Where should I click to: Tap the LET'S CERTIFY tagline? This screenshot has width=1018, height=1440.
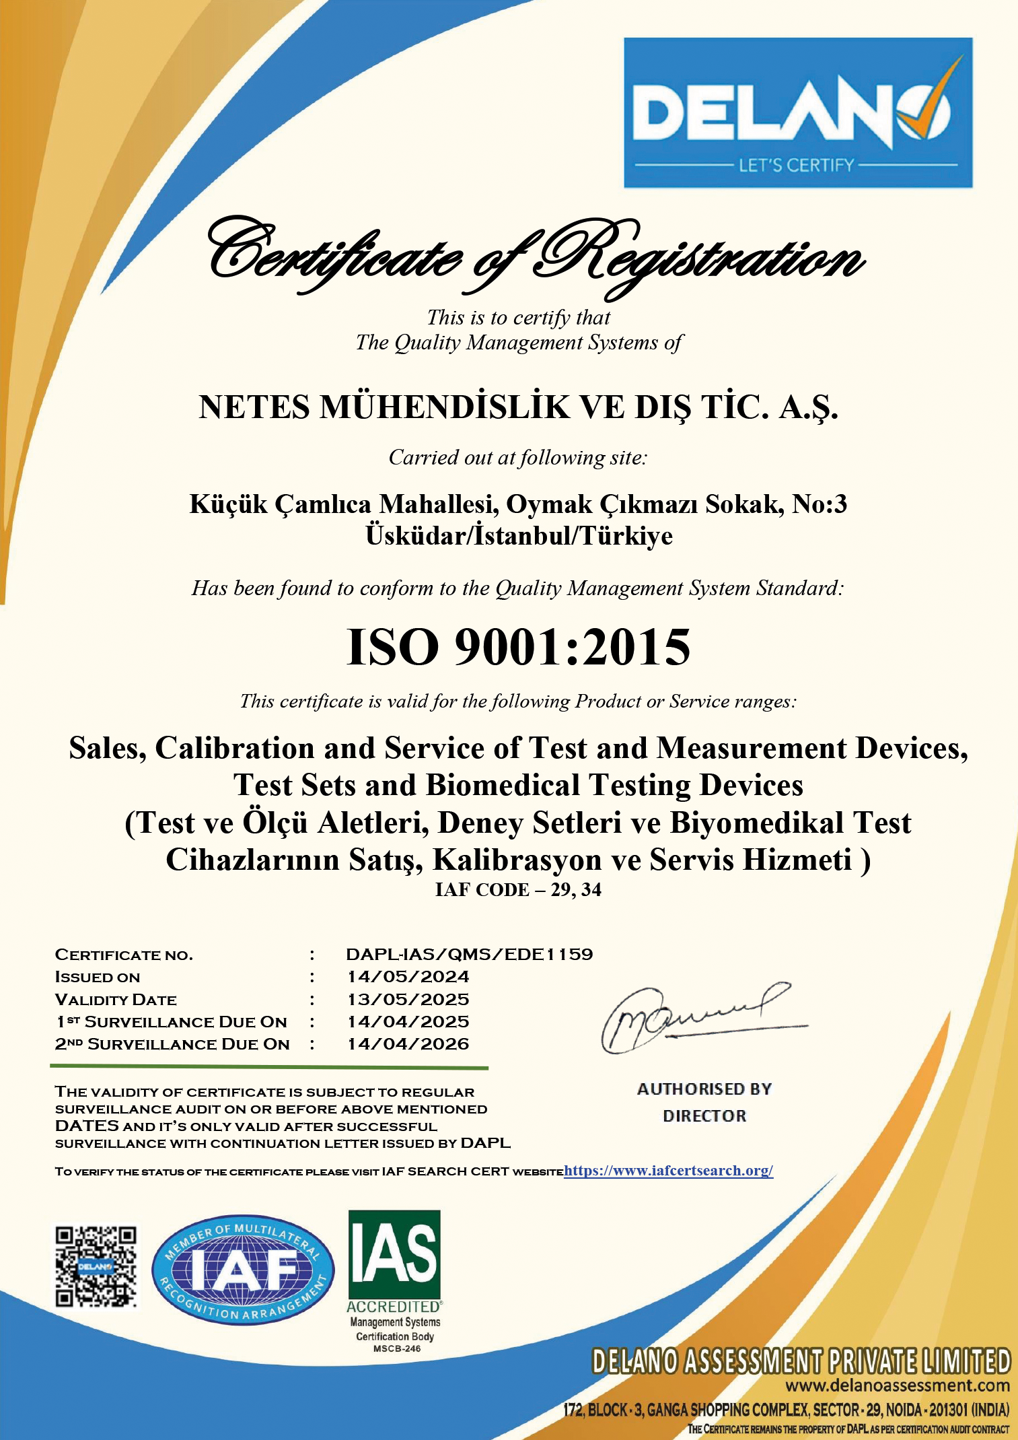coord(797,165)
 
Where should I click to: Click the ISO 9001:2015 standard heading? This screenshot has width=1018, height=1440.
coord(518,647)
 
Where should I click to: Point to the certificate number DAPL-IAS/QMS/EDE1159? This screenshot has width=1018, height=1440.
coord(469,954)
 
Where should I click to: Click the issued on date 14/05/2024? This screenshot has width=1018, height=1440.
coord(408,977)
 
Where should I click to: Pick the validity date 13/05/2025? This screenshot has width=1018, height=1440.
coord(408,999)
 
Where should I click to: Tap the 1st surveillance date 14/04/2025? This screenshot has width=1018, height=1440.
coord(408,1021)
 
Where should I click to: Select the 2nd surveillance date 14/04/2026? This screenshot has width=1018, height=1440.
coord(408,1043)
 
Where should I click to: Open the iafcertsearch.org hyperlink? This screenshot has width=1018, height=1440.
coord(668,1171)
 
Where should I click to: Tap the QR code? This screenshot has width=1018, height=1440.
coord(96,1266)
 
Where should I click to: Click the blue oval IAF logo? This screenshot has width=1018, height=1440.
coord(243,1270)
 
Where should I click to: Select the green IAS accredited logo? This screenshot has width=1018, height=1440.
coord(394,1256)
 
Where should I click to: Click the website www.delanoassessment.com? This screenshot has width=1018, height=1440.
coord(898,1385)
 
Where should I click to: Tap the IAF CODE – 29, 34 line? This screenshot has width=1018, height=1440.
coord(518,890)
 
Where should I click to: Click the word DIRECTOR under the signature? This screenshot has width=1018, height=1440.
coord(704,1116)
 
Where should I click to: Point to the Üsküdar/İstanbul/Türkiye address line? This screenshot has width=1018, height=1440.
coord(519,536)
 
